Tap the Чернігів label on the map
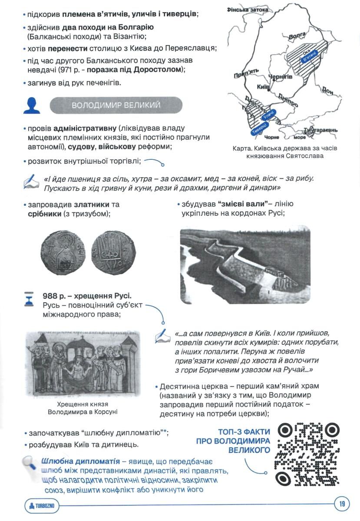(x=281, y=77)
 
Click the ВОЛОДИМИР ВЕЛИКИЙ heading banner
(x=116, y=105)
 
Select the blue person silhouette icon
(x=32, y=106)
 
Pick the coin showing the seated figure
(x=63, y=251)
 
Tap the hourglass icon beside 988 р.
(x=29, y=300)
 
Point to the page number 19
(x=342, y=504)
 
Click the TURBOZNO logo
(x=42, y=505)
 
